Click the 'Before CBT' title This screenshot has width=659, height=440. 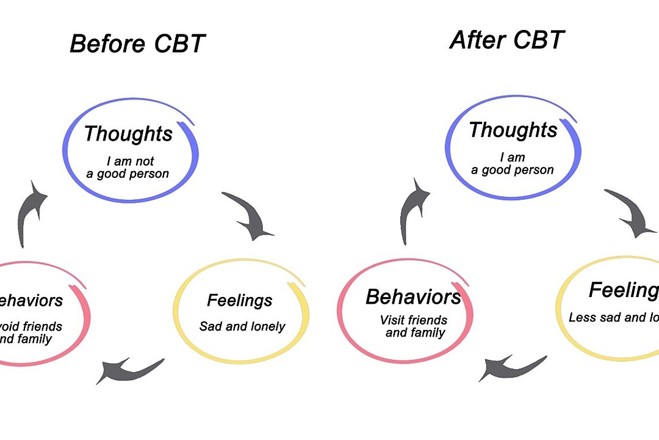[x=137, y=44]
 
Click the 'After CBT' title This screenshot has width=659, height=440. [x=507, y=40]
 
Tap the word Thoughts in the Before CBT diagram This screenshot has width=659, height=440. [x=128, y=134]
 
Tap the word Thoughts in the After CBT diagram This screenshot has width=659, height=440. [x=513, y=130]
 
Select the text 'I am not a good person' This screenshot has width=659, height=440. [x=131, y=167]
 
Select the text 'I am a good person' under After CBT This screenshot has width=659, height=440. [x=513, y=164]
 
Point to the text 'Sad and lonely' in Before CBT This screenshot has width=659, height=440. [x=242, y=326]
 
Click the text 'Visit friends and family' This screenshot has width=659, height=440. [x=414, y=326]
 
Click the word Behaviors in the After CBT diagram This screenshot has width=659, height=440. [x=413, y=297]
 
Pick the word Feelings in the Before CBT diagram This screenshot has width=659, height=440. [x=239, y=301]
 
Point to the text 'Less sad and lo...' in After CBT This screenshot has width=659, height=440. [x=614, y=318]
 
